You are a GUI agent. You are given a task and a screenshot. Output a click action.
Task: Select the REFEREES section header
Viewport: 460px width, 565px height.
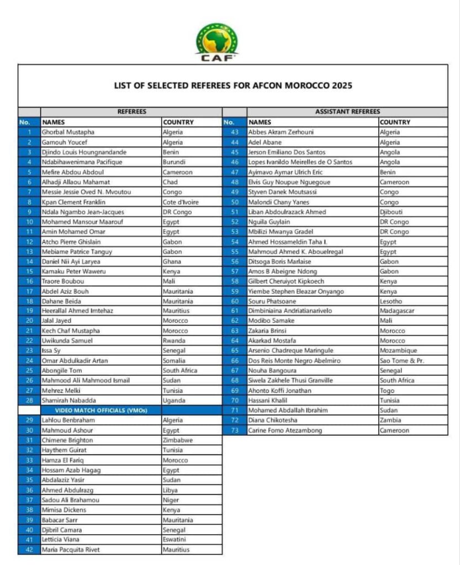pos(131,111)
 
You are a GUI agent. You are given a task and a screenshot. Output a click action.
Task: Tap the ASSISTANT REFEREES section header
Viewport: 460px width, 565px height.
pos(347,111)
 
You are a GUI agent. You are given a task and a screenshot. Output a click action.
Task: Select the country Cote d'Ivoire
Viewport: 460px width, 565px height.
pos(181,202)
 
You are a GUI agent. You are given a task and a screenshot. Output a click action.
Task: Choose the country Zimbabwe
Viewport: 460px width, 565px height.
pos(178,440)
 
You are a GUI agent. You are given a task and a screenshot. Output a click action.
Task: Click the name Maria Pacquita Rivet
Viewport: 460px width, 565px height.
pos(72,550)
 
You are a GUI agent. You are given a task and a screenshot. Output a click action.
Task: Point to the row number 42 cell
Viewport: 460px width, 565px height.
pos(29,550)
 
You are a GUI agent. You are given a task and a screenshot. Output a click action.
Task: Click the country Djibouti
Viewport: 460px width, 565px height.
pos(392,212)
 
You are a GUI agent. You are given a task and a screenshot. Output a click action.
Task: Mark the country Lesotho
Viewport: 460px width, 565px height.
pos(392,301)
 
